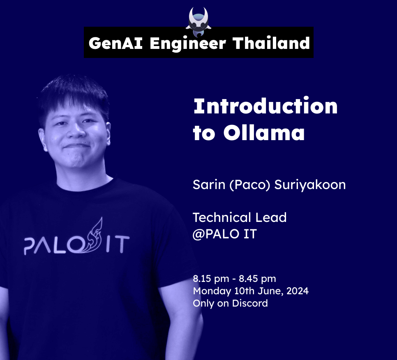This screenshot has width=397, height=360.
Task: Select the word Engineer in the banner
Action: click(x=187, y=43)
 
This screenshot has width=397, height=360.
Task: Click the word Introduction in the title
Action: click(x=265, y=106)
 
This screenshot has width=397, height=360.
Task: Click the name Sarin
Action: click(x=209, y=185)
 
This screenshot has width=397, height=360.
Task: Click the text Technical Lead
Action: click(x=240, y=217)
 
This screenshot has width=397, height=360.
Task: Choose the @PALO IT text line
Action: click(x=225, y=234)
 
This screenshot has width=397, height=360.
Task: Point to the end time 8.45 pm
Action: click(x=257, y=279)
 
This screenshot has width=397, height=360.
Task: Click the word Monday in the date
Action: click(x=210, y=291)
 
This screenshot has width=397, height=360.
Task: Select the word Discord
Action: click(x=250, y=304)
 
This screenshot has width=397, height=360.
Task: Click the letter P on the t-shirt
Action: click(x=30, y=245)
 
